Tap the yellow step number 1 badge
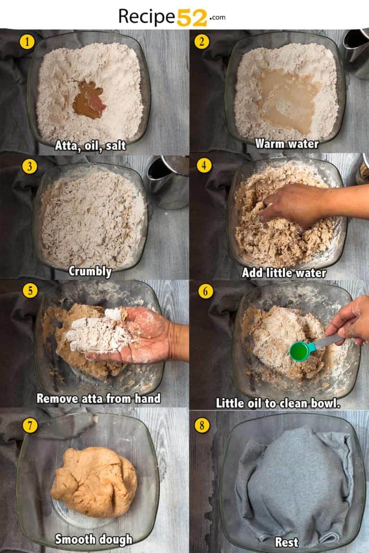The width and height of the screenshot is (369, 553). pyautogui.click(x=27, y=42)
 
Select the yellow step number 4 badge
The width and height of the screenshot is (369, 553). pyautogui.click(x=204, y=166)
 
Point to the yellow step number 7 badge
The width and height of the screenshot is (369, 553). pyautogui.click(x=30, y=425)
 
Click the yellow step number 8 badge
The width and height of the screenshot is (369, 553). pyautogui.click(x=202, y=425)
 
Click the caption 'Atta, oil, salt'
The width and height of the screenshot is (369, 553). pyautogui.click(x=90, y=145)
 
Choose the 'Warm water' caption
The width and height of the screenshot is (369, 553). pyautogui.click(x=286, y=144)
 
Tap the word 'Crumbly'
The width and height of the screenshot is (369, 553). pyautogui.click(x=90, y=271)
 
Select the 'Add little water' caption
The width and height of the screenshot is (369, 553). pyautogui.click(x=283, y=273)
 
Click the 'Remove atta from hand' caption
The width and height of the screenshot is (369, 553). pyautogui.click(x=98, y=398)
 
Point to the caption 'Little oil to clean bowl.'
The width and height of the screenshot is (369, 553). pyautogui.click(x=278, y=403)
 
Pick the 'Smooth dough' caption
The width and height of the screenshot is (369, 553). pyautogui.click(x=93, y=539)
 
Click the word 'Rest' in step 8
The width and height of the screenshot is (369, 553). pyautogui.click(x=286, y=542)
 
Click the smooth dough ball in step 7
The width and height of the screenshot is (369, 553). pyautogui.click(x=94, y=481)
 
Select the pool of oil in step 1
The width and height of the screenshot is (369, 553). pyautogui.click(x=89, y=99)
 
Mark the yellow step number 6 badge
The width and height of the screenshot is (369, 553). pyautogui.click(x=206, y=291)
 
